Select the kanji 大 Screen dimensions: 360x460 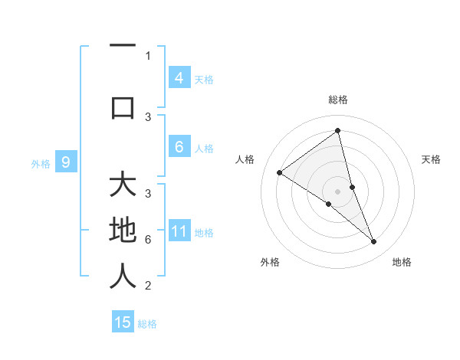[123, 186]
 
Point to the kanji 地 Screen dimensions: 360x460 [123, 231]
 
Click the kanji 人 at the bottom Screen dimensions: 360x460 [123, 276]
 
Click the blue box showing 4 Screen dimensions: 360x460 [179, 77]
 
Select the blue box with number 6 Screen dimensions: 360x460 [179, 147]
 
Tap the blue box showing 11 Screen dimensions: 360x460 [179, 231]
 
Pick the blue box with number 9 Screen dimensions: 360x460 [66, 162]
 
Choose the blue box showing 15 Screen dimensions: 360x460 [123, 322]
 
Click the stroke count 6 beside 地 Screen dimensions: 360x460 [148, 240]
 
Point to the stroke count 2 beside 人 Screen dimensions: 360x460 [148, 286]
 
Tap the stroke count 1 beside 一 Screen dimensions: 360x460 [148, 55]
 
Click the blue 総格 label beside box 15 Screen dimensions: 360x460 [147, 324]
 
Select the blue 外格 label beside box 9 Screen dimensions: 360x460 [41, 163]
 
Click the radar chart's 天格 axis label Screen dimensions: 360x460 [432, 159]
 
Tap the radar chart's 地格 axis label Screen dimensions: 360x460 [402, 262]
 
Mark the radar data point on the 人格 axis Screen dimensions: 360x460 [279, 172]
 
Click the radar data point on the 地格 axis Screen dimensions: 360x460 [374, 242]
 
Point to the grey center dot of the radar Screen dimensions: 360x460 [337, 191]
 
